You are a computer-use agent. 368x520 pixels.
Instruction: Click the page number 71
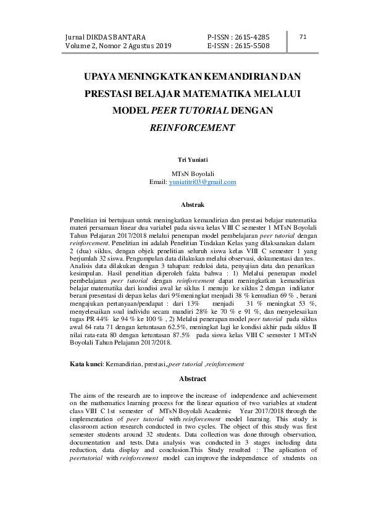[303, 37]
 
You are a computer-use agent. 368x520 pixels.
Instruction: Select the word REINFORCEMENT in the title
[192, 128]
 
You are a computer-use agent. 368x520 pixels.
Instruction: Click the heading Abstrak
[192, 204]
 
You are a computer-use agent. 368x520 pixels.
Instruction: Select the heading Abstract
[192, 378]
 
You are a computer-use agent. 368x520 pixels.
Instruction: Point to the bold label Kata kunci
[86, 364]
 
